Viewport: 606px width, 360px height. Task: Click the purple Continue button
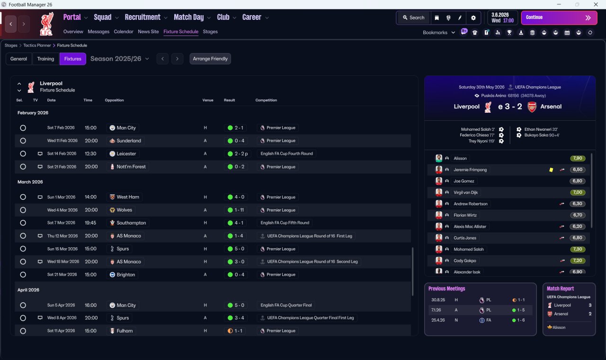click(559, 18)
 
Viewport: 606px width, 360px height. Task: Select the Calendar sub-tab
click(124, 32)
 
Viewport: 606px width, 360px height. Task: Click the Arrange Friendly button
click(210, 59)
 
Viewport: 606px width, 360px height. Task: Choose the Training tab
click(45, 59)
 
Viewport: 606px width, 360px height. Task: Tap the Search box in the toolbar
click(413, 18)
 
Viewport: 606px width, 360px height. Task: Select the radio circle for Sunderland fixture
click(23, 141)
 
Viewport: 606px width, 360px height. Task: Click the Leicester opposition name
click(126, 153)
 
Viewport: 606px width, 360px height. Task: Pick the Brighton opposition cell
click(125, 275)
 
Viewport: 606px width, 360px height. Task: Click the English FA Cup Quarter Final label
click(286, 305)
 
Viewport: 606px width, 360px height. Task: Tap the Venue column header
click(208, 100)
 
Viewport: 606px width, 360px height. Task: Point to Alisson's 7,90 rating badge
click(578, 158)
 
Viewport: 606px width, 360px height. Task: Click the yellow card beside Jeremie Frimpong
click(551, 170)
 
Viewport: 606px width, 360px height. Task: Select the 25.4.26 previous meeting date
click(438, 320)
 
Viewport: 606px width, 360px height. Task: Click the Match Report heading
click(560, 288)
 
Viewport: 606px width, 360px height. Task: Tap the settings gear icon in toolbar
click(473, 18)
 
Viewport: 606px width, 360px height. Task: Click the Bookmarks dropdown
click(438, 33)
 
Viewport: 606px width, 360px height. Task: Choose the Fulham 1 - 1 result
click(235, 331)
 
